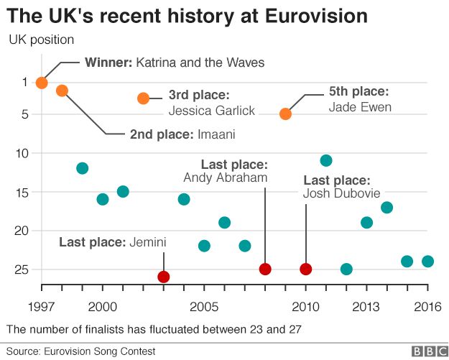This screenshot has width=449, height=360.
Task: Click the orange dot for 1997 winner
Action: pos(42,83)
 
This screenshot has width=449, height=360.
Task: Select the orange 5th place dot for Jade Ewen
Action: pos(285,114)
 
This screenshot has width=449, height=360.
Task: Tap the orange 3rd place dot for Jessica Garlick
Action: pos(143,98)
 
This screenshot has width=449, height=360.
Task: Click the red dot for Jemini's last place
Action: pos(164,277)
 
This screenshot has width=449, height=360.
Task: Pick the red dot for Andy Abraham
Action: pos(265,269)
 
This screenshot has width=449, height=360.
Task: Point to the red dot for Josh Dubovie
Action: pos(306,269)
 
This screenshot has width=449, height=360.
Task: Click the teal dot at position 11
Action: pos(326,160)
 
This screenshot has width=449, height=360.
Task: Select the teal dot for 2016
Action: pos(427,262)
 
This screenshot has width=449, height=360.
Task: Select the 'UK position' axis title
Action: pos(41,39)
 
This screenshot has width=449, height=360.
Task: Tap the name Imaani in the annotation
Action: pos(216,134)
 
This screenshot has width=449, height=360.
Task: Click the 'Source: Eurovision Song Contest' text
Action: pos(91,351)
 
